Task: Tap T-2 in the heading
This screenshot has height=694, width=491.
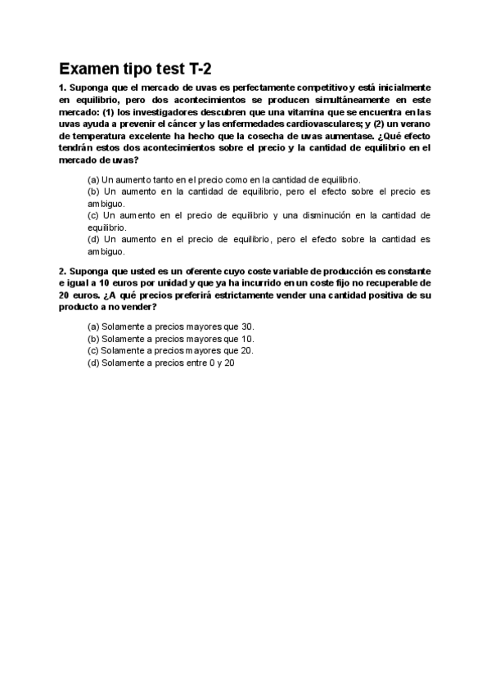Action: point(204,68)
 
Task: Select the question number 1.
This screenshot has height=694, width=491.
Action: point(62,87)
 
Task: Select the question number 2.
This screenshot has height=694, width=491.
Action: point(62,271)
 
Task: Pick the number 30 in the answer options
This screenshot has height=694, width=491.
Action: point(248,326)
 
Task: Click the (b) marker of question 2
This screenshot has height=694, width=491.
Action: point(93,338)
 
